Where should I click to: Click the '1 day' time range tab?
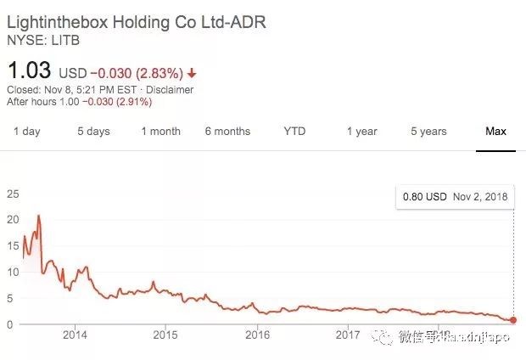click(x=26, y=132)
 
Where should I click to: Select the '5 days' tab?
click(x=93, y=132)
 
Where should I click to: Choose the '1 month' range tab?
click(x=160, y=132)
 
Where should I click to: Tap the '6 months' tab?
click(x=227, y=132)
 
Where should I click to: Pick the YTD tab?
click(x=294, y=132)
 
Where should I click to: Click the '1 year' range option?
click(x=361, y=132)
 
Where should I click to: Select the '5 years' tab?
click(x=428, y=132)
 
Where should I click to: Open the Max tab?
click(x=495, y=132)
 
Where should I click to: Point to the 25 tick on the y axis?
click(x=12, y=194)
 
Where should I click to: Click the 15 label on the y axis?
click(x=12, y=246)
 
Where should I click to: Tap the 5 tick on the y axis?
click(x=9, y=298)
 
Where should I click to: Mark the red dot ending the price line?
click(x=512, y=320)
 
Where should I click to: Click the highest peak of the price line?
click(x=39, y=216)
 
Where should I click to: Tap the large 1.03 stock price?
click(x=30, y=70)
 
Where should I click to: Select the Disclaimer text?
click(x=169, y=90)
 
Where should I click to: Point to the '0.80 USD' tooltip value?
click(x=424, y=197)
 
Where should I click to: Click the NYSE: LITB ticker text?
click(x=40, y=40)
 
